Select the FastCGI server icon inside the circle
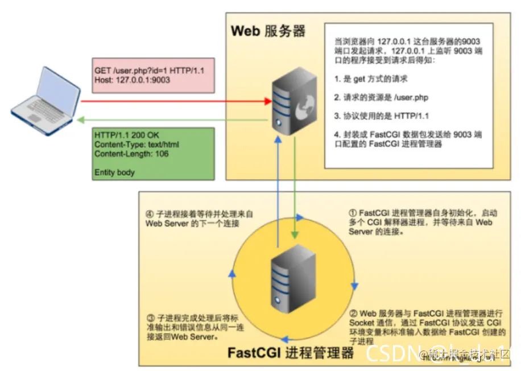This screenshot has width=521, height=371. (293, 279)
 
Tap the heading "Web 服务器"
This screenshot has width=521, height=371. (268, 31)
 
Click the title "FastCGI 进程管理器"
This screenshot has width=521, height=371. (291, 352)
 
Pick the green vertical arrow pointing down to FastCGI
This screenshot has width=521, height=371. (293, 188)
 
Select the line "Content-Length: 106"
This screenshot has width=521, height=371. (131, 154)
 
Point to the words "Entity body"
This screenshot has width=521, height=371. (114, 172)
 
